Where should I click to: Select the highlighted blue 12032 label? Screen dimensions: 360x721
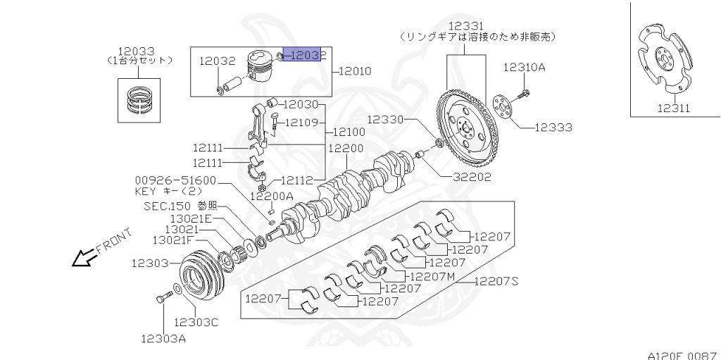pos(303,55)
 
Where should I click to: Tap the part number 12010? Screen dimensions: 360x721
pos(356,71)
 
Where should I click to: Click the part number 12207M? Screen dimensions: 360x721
pos(433,276)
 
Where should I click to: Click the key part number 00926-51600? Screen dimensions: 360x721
pos(175,180)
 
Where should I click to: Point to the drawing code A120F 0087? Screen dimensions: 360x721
pos(682,355)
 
